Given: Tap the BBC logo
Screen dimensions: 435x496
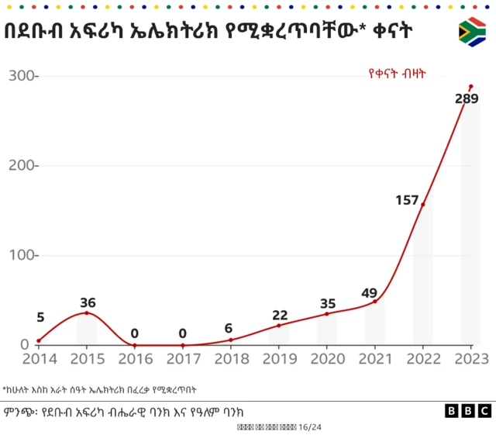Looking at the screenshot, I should [x=467, y=411].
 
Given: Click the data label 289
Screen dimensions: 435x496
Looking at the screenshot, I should [x=466, y=99].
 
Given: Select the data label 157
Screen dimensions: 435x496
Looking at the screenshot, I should [x=407, y=200].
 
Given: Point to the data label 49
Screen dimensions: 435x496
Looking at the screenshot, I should [x=370, y=293].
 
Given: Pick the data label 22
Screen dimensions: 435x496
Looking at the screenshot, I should [x=280, y=315].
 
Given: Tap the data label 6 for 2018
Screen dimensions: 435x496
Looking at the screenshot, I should [x=229, y=328].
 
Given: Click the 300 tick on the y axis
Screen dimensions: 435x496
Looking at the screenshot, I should [x=22, y=76].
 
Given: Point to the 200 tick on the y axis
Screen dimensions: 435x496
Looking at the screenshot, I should [x=22, y=166].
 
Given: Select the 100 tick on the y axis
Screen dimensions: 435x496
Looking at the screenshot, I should [x=22, y=255].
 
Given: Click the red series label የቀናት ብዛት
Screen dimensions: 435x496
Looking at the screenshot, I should [x=397, y=74].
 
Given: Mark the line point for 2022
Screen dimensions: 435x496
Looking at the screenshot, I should [x=422, y=204].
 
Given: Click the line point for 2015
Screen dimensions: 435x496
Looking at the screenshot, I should [x=87, y=312].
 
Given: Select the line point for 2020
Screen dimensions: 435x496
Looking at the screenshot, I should [x=326, y=313].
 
